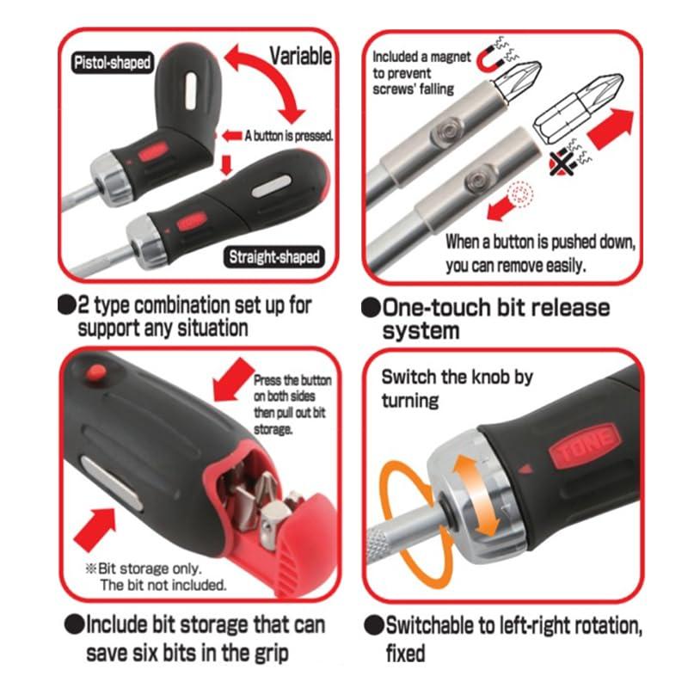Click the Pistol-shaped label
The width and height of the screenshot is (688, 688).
pyautogui.click(x=112, y=62)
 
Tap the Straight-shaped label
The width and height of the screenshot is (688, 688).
pyautogui.click(x=274, y=256)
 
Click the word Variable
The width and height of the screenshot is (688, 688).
pyautogui.click(x=300, y=56)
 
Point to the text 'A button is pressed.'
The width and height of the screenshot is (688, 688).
pyautogui.click(x=289, y=136)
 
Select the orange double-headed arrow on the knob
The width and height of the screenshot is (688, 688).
pyautogui.click(x=476, y=495)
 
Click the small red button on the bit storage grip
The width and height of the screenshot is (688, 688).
pyautogui.click(x=95, y=373)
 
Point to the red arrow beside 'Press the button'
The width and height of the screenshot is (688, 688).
pyautogui.click(x=231, y=378)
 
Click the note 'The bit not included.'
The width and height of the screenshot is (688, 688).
pyautogui.click(x=163, y=585)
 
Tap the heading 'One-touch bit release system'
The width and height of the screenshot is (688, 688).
pyautogui.click(x=486, y=319)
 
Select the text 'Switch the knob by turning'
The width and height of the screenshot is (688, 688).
pyautogui.click(x=457, y=389)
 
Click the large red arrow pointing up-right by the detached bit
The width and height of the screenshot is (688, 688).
pyautogui.click(x=611, y=128)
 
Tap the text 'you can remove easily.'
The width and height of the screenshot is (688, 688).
pyautogui.click(x=515, y=266)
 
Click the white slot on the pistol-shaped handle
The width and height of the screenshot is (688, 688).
pyautogui.click(x=191, y=91)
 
